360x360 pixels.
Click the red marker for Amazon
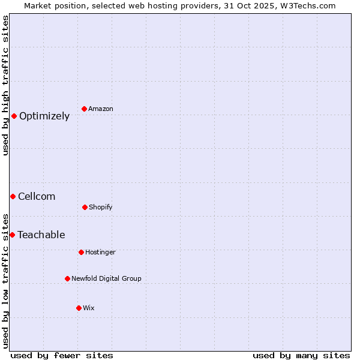84,109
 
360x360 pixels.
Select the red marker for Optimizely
14,116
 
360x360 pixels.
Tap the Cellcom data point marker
13,196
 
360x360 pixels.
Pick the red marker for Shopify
85,207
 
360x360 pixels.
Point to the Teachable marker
12,235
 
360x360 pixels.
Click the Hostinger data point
81,252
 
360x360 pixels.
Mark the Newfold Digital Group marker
67,278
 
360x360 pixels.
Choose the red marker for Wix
79,308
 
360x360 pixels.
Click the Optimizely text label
44,116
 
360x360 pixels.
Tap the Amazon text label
101,109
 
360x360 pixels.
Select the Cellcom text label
37,197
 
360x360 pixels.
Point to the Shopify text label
101,207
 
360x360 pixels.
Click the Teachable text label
41,235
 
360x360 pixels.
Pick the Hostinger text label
100,252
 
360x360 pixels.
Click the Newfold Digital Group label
107,278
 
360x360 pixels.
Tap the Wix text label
89,308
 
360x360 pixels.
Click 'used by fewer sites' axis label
62,355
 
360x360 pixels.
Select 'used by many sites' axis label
301,355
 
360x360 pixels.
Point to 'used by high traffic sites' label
5,86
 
